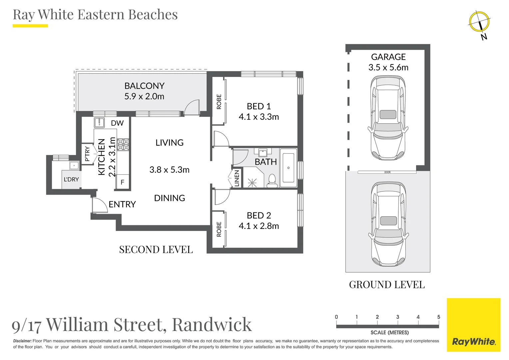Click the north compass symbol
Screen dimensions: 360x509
coord(479,22)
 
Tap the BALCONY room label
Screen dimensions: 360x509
coord(144,86)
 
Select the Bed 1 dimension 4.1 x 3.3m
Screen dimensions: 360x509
coord(259,117)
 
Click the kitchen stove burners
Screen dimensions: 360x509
coord(123,145)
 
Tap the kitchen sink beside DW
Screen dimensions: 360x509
coord(99,123)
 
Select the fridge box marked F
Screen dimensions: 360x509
coord(123,182)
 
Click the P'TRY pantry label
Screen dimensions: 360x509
coord(87,154)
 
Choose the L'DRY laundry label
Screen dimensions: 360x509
coord(71,179)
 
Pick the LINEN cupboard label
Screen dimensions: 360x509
coord(237,178)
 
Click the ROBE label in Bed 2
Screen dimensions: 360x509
coord(219,229)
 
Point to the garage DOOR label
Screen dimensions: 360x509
coord(387,172)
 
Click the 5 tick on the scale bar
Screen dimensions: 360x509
coord(438,317)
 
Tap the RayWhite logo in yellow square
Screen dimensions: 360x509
coord(473,342)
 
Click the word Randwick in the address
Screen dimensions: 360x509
coord(212,325)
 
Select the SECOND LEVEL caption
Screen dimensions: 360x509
coord(156,250)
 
